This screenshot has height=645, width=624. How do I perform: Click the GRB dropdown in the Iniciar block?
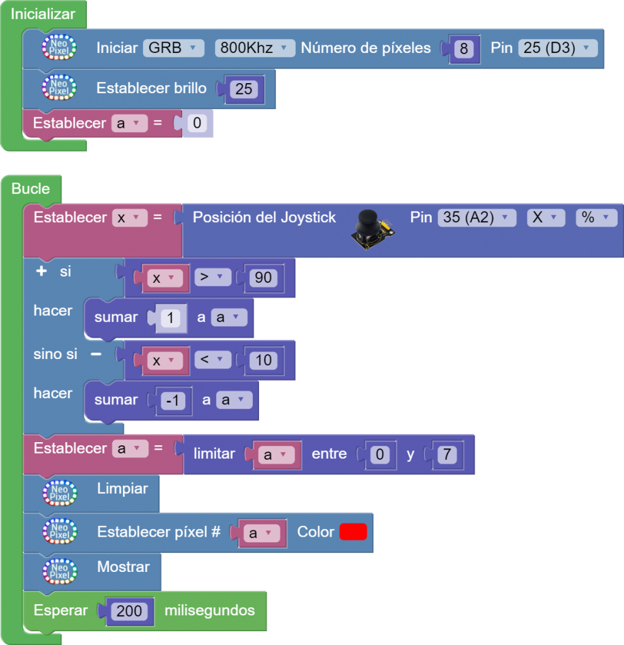point(173,48)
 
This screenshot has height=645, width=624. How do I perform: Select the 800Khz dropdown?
point(255,48)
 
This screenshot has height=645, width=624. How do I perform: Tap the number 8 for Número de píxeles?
point(463,49)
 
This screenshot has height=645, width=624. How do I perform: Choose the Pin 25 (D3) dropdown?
point(557,48)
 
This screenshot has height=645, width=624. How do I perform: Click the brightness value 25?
point(244,89)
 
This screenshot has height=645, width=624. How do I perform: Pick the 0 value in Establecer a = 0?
point(197,123)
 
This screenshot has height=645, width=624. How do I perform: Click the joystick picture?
point(372,229)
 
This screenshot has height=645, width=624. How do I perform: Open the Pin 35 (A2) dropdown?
point(476,217)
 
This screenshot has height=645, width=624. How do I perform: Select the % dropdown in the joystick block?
point(596,217)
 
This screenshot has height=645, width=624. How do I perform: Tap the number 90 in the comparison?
point(263,277)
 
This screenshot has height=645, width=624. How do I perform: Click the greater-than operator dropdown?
point(212,277)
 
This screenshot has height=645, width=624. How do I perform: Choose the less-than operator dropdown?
point(212,360)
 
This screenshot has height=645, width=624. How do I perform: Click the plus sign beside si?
point(42,272)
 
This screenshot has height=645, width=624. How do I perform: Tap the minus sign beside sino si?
point(96,354)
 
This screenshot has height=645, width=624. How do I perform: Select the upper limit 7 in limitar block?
point(446,455)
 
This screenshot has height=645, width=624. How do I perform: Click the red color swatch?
point(353,532)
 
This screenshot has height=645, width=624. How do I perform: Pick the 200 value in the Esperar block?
point(130,611)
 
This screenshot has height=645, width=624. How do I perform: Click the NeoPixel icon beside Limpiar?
point(59,493)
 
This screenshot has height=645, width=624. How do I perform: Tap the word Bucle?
point(30,188)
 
